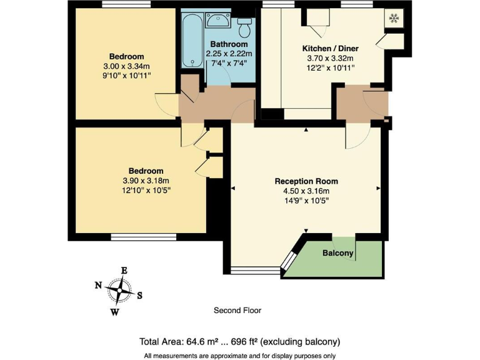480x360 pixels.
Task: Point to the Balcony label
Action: (x=338, y=253)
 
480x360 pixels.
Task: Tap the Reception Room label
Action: (x=306, y=181)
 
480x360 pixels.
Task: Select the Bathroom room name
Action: (x=229, y=44)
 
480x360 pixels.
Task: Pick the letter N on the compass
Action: (x=98, y=285)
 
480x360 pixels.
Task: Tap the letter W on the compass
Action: (x=115, y=311)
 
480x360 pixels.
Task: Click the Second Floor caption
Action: (x=237, y=310)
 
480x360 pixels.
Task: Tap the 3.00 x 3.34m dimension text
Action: (x=127, y=66)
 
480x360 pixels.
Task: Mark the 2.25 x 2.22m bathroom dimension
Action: (x=229, y=54)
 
